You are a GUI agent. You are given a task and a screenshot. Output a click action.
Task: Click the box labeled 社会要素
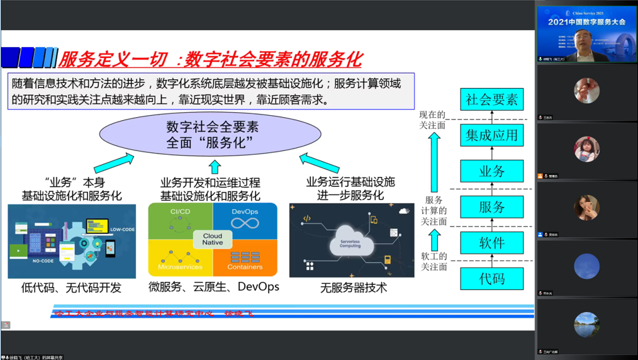[x=491, y=99]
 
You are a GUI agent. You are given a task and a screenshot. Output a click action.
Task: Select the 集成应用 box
[x=491, y=135]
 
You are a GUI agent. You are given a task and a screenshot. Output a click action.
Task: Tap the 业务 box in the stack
[x=491, y=171]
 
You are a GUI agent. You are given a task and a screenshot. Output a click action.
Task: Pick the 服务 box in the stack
[x=491, y=207]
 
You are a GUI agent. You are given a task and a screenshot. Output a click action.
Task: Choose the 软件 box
[x=491, y=243]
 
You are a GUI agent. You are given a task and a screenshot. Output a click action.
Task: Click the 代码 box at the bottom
[x=491, y=279]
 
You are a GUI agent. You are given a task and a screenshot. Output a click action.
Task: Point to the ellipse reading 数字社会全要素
[x=213, y=135]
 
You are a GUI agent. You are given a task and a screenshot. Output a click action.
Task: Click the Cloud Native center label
[x=212, y=240]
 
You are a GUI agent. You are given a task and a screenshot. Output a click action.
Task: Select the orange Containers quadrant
[x=245, y=259]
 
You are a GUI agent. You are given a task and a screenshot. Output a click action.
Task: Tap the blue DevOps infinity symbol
[x=245, y=223]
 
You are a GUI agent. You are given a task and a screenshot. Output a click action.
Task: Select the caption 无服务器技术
[x=354, y=288]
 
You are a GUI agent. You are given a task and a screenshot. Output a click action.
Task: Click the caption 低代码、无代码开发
[x=71, y=288]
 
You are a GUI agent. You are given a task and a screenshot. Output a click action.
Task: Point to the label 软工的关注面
[x=434, y=261]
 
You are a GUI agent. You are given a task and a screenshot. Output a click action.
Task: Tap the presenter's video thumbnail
[x=586, y=34]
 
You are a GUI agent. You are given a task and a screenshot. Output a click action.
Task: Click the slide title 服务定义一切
[x=113, y=60]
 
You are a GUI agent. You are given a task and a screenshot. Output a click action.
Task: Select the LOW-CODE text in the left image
[x=121, y=229]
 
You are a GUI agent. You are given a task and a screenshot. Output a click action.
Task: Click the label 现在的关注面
[x=432, y=120]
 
